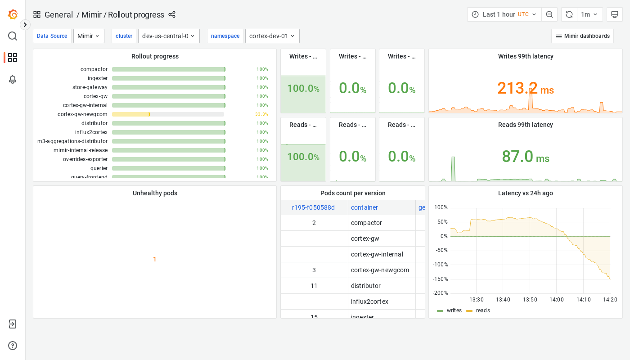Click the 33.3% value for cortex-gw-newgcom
click(261, 114)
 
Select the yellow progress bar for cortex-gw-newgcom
click(130, 114)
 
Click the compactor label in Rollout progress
click(94, 69)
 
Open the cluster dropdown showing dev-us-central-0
click(169, 36)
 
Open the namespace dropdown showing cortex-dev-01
click(272, 36)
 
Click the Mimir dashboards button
click(582, 36)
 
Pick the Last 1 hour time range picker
click(504, 14)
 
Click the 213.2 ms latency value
click(525, 88)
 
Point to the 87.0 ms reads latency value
click(525, 157)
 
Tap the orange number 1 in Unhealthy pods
click(155, 259)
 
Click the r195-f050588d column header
click(313, 207)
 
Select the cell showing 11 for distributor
click(314, 286)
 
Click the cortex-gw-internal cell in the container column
click(377, 254)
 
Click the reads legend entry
click(482, 310)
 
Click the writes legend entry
click(454, 310)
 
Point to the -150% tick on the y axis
click(440, 279)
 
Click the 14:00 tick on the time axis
click(557, 300)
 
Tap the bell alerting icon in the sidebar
click(13, 79)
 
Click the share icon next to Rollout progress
click(172, 14)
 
